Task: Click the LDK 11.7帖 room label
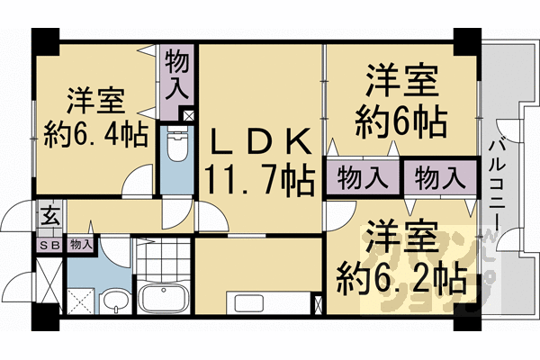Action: click(260, 161)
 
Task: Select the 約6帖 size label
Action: click(400, 120)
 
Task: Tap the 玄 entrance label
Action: click(47, 217)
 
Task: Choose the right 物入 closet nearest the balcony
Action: click(439, 177)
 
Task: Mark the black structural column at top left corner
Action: click(45, 40)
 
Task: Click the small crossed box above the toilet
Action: click(188, 115)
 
